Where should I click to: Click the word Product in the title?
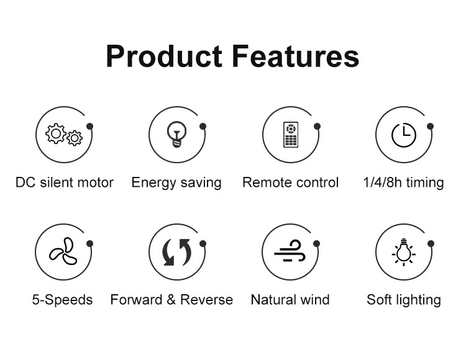click(x=164, y=56)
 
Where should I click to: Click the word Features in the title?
click(x=296, y=56)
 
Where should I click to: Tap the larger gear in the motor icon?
click(x=55, y=133)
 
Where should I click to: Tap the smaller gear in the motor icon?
click(x=75, y=138)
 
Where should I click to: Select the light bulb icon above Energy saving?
click(x=176, y=134)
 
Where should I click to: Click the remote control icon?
click(x=290, y=135)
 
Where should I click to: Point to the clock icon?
click(x=403, y=135)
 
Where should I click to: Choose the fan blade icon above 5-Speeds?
click(x=63, y=251)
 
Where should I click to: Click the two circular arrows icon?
click(x=176, y=252)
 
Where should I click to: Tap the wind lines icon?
click(x=290, y=251)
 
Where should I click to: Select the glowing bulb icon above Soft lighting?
click(x=403, y=251)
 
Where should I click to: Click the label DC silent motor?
click(x=65, y=182)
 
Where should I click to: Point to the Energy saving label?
click(x=176, y=183)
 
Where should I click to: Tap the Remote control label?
click(x=290, y=182)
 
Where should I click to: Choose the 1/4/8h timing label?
click(x=403, y=182)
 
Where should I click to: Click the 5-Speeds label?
click(x=62, y=300)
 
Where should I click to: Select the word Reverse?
click(x=206, y=299)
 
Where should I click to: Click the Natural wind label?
click(x=290, y=299)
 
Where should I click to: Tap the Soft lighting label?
click(x=404, y=300)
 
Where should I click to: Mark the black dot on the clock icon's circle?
click(x=430, y=127)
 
